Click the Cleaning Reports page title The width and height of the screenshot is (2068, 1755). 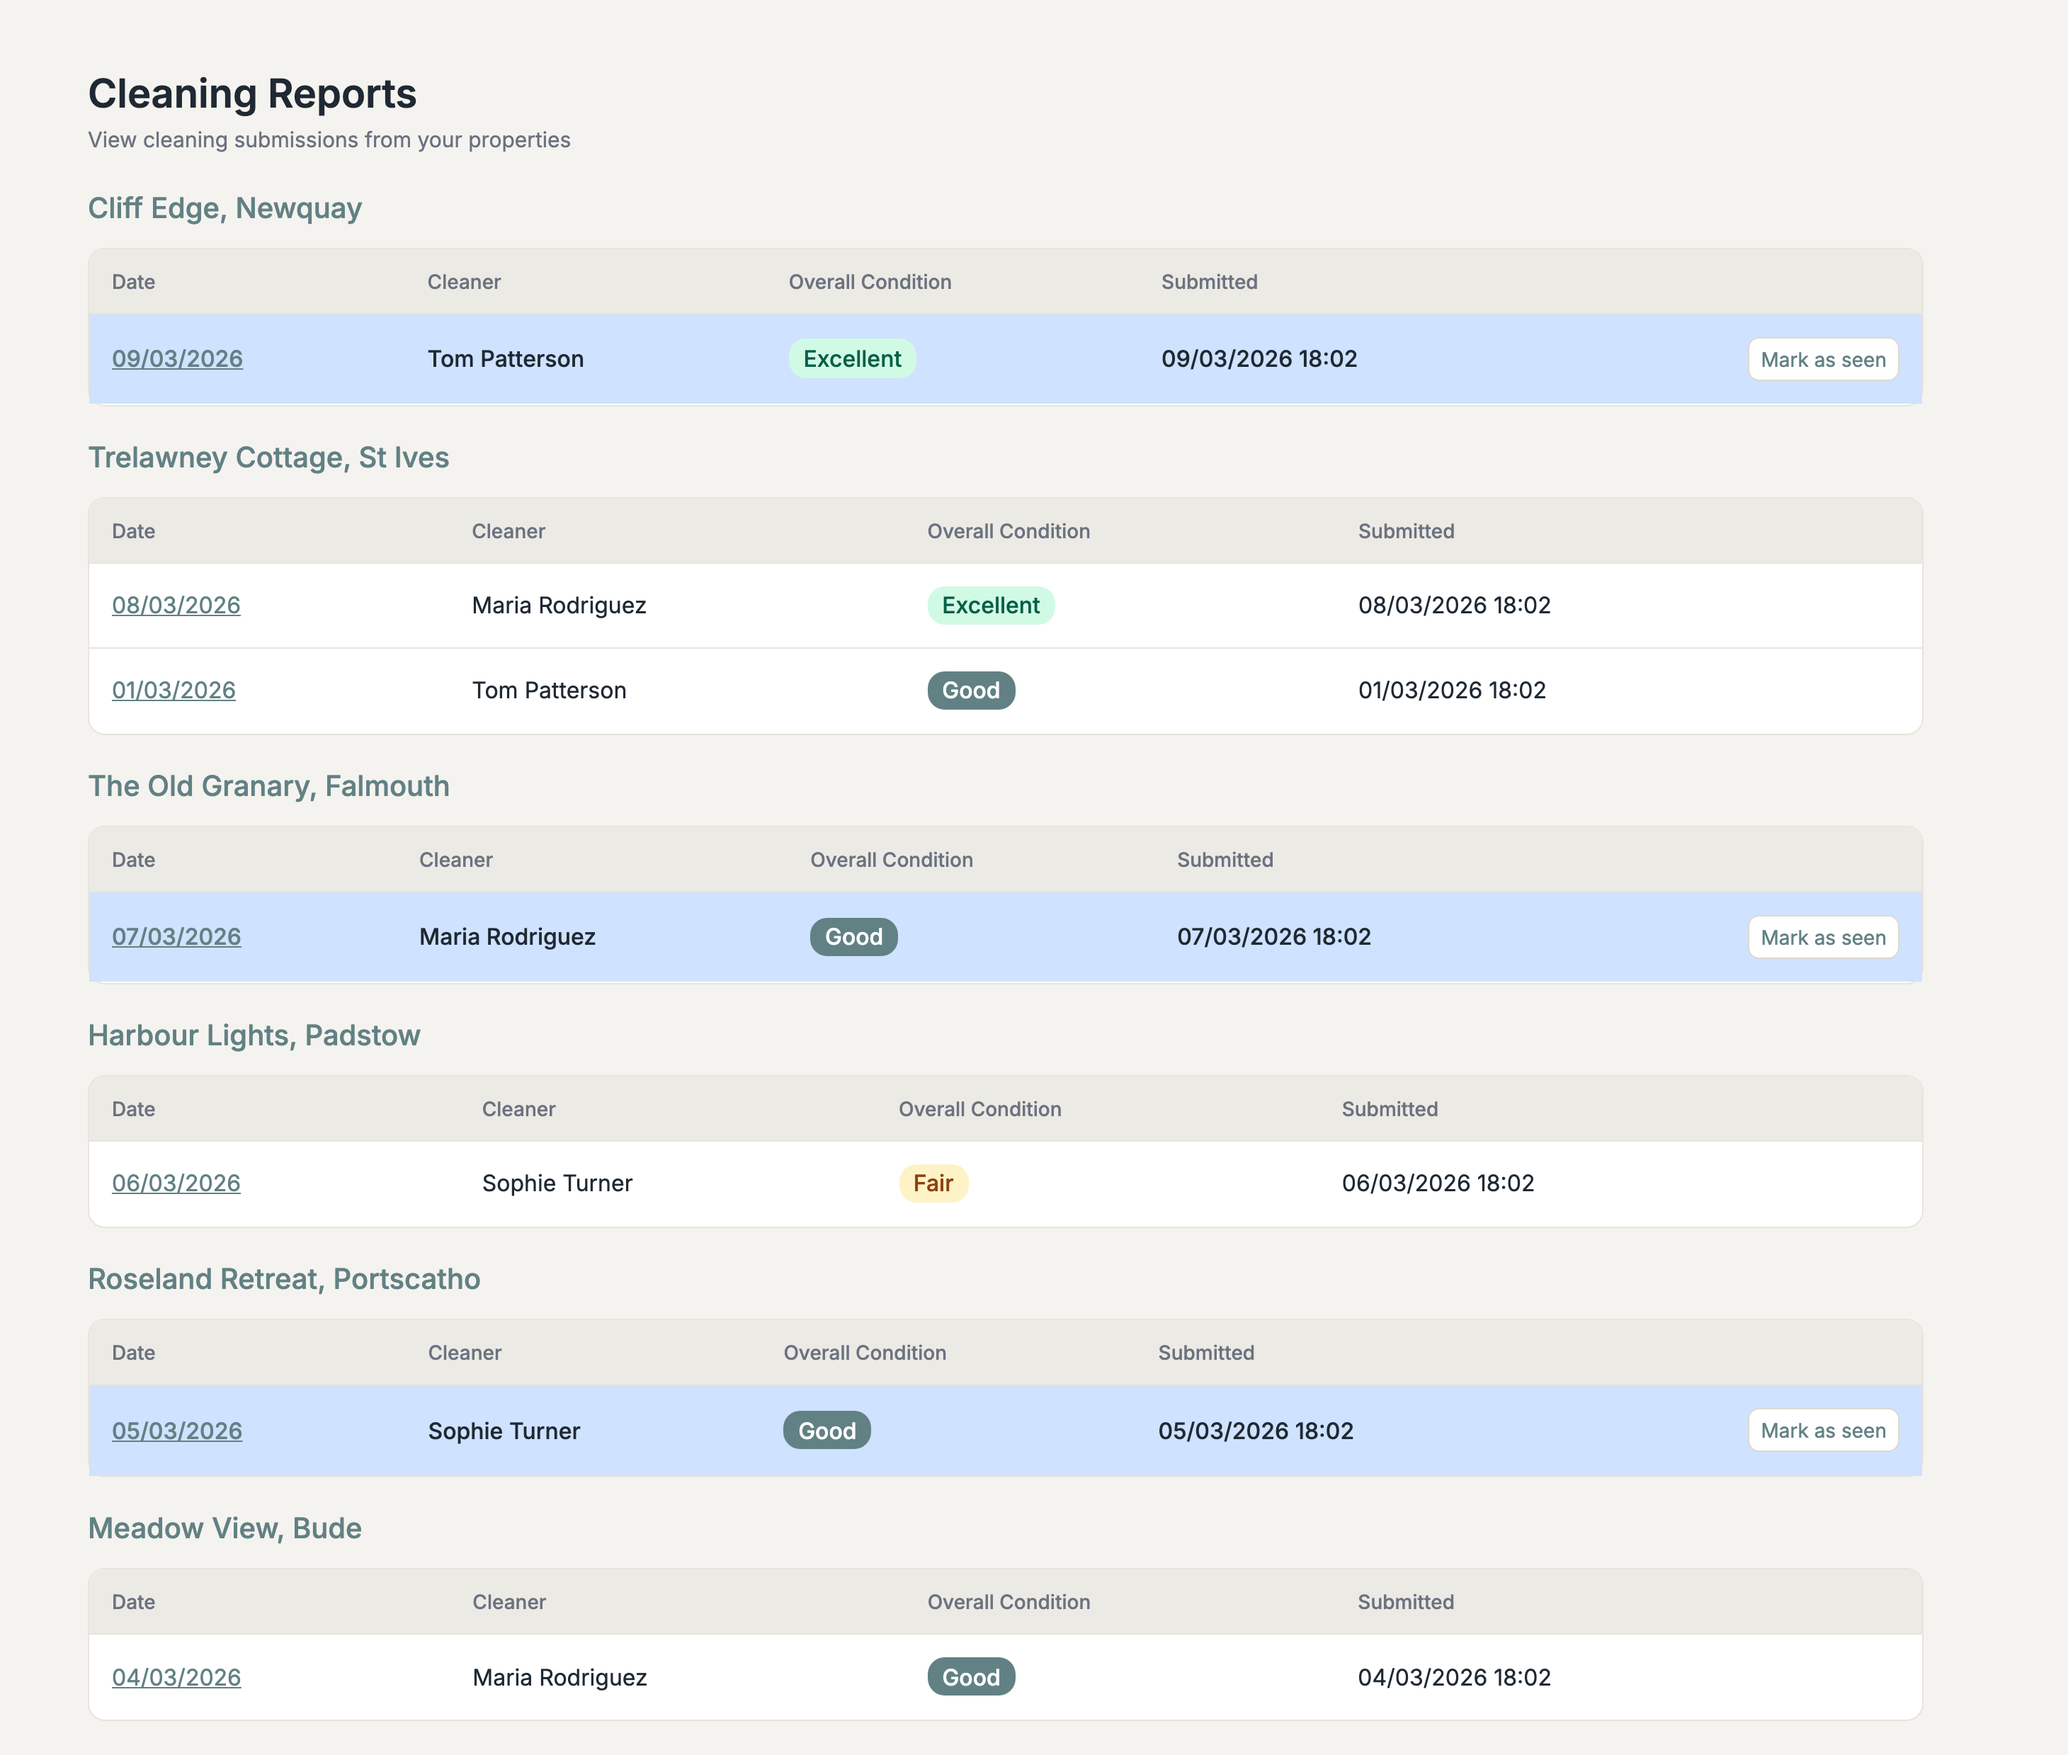pos(251,94)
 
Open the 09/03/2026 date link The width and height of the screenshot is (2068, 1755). pos(177,359)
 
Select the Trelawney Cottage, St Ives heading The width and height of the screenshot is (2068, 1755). pos(268,458)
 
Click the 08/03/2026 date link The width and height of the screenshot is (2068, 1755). pos(176,605)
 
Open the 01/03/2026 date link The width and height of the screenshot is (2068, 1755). pos(174,691)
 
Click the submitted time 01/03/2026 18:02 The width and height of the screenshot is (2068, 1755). pos(1451,691)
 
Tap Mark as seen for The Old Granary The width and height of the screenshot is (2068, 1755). pos(1822,937)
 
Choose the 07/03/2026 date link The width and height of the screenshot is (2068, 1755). pos(176,936)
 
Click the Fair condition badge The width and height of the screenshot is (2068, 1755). pos(932,1183)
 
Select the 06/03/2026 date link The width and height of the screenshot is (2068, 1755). pos(176,1183)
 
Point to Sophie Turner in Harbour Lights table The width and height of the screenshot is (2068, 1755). pos(557,1183)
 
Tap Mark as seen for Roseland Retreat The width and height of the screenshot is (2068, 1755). pos(1822,1431)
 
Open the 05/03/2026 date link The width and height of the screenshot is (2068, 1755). pos(177,1431)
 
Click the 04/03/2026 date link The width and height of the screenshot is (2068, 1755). pos(176,1677)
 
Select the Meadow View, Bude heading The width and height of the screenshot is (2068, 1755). pos(225,1528)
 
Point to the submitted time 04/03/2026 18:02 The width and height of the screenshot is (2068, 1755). pos(1453,1677)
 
